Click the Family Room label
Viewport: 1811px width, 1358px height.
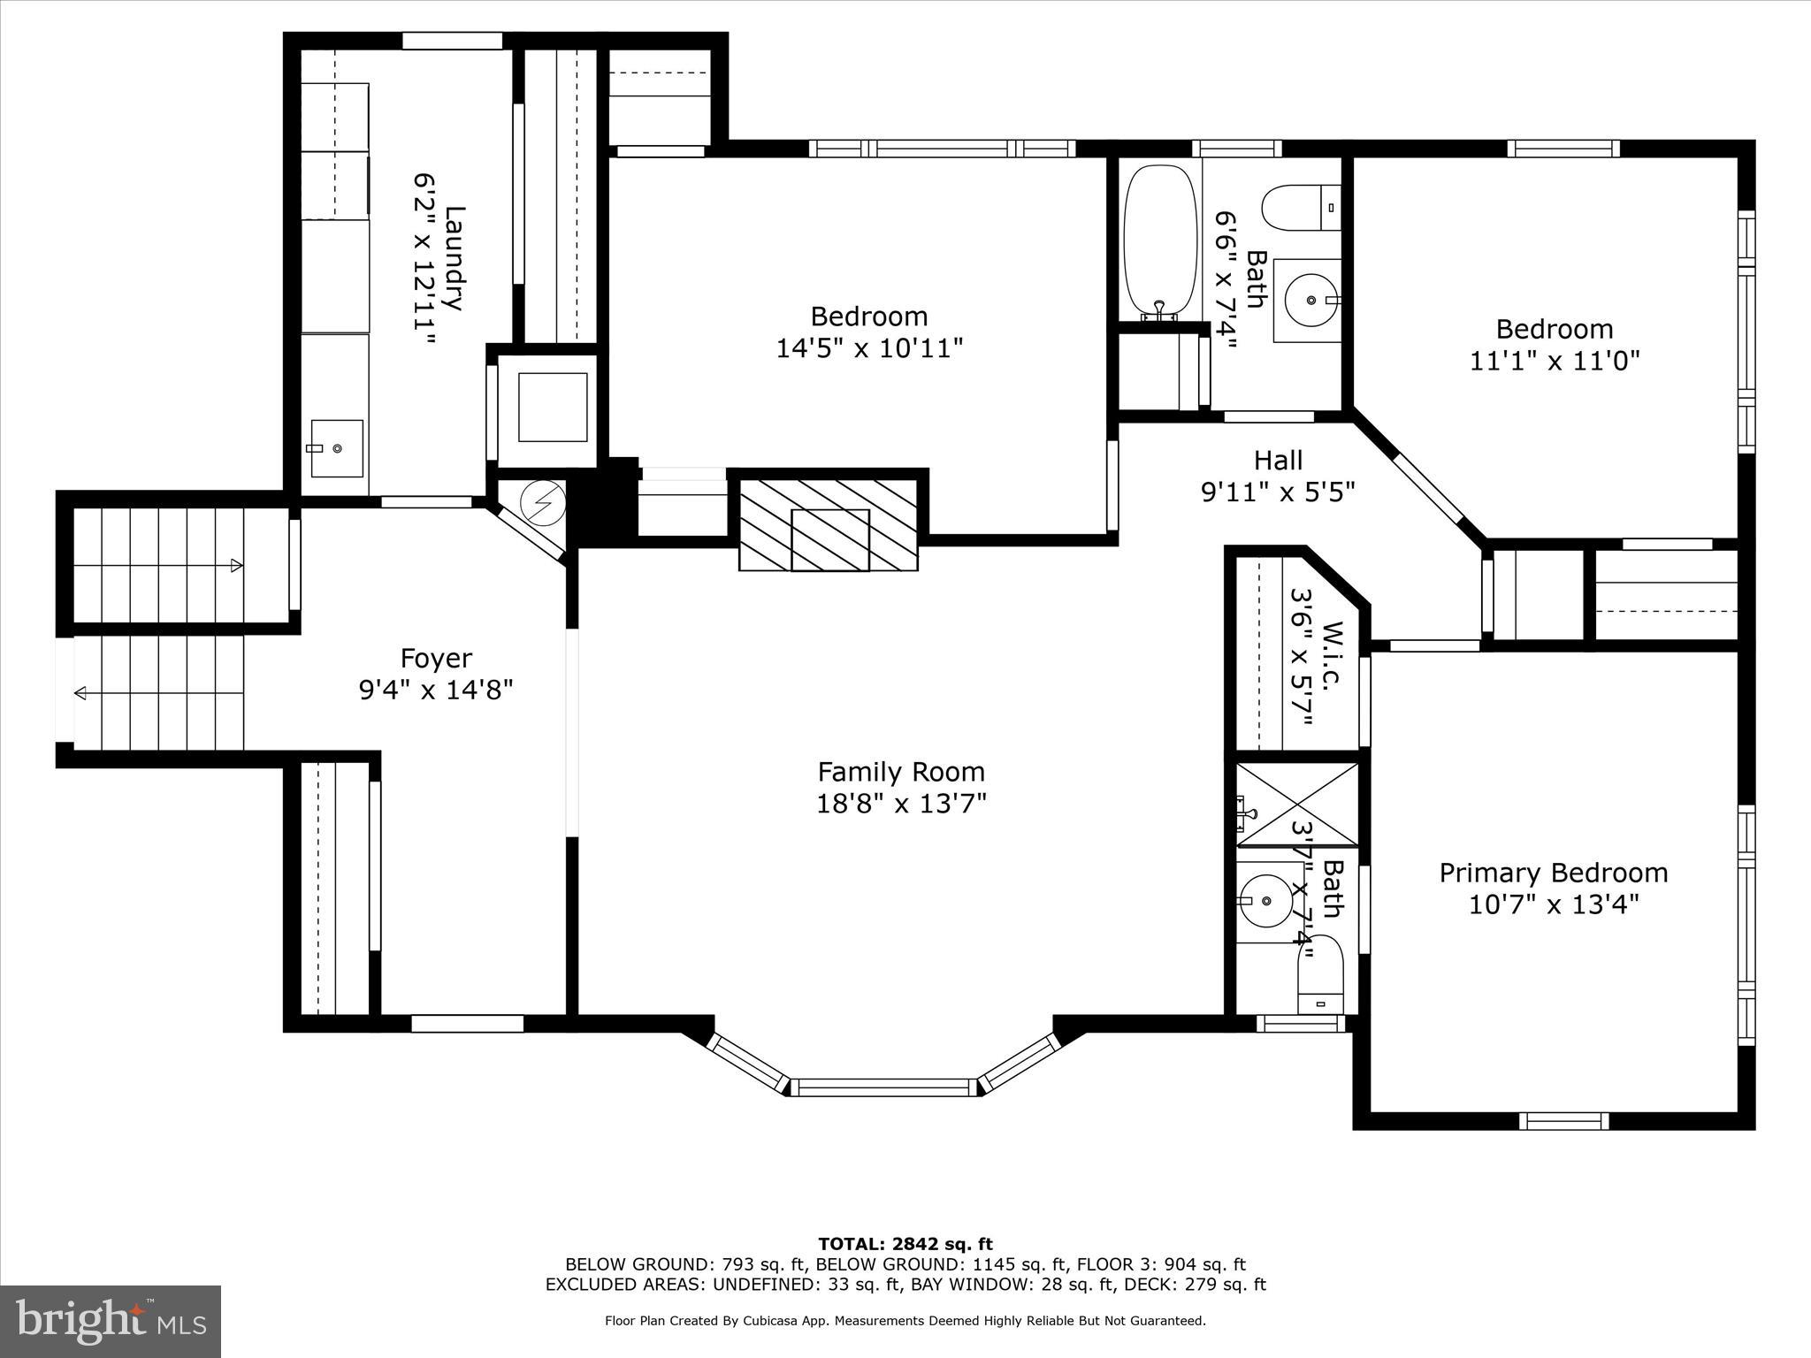(900, 772)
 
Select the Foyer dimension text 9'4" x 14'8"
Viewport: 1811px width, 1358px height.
(436, 690)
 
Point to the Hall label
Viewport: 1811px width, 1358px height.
(1278, 460)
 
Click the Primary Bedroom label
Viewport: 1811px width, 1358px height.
(1553, 873)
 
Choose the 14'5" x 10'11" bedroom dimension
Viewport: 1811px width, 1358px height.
(868, 348)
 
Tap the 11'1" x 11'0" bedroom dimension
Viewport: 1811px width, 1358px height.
(1555, 361)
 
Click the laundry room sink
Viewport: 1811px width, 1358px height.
(336, 447)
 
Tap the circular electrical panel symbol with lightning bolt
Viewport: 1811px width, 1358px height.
(541, 503)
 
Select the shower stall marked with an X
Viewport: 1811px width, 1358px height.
(1296, 804)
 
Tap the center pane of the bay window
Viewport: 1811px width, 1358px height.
(883, 1087)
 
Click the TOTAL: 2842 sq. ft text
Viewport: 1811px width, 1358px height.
(905, 1245)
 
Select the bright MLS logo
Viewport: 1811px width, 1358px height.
(110, 1321)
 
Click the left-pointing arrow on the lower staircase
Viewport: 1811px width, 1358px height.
(81, 692)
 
